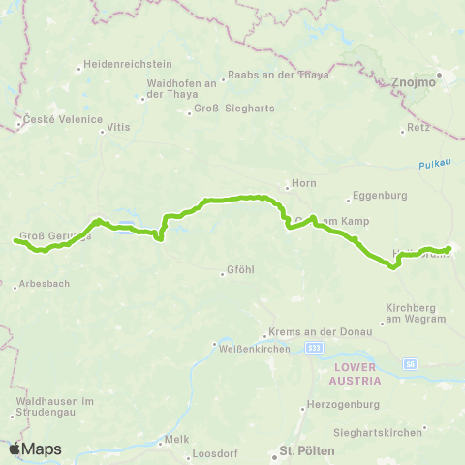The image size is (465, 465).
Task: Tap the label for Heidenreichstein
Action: coord(122,67)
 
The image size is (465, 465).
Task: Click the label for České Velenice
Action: coord(59,119)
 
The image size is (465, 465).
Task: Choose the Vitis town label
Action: coord(118,127)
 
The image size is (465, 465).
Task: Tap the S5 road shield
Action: coord(410,364)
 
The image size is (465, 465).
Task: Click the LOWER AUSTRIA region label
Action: coord(356,375)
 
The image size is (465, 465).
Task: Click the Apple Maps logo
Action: coord(35,449)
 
